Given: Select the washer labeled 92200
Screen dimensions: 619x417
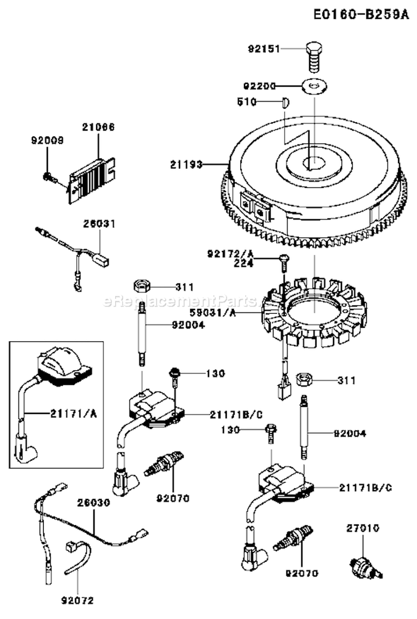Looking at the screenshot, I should click(x=314, y=86).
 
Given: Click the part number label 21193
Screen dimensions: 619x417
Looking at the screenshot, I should click(x=186, y=164).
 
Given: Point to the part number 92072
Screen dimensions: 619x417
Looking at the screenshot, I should click(x=77, y=600).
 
